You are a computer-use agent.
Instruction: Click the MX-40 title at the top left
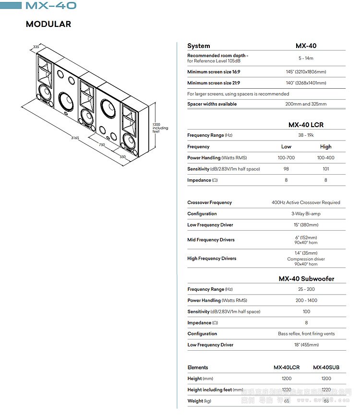pos(50,6)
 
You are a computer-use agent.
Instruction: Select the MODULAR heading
pos(48,24)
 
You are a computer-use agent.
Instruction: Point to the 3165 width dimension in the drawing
pos(75,138)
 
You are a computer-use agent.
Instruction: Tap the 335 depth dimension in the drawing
pos(36,47)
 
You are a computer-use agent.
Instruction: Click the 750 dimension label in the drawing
pos(102,144)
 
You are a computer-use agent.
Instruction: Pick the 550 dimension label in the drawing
pos(122,156)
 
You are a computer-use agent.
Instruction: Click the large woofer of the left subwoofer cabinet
pos(66,101)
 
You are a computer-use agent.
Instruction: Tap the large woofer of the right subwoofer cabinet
pos(107,109)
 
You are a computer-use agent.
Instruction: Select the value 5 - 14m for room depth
pos(306,58)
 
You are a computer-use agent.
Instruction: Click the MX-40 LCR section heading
pos(306,125)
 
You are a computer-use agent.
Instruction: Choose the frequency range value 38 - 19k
pos(306,135)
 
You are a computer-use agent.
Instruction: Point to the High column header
pos(325,147)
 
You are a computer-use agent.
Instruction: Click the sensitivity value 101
pos(325,169)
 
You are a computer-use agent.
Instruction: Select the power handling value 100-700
pos(286,158)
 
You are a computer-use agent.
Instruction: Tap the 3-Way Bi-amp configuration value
pos(306,214)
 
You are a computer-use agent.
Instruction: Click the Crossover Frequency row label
pos(209,202)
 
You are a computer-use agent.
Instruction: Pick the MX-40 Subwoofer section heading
pos(306,279)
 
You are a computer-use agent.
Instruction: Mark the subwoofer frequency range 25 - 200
pos(306,289)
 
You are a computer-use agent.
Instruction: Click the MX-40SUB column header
pos(326,368)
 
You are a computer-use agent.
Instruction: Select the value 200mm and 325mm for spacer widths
pos(306,104)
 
